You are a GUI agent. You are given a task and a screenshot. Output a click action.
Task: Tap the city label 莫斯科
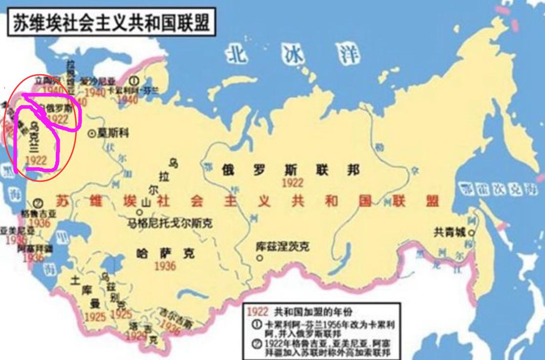(x=113, y=132)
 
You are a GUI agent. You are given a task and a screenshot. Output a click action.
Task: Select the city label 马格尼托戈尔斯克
(x=169, y=224)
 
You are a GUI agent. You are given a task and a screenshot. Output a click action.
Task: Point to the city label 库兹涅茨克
(x=282, y=247)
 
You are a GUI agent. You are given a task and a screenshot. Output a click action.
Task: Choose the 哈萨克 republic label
(x=165, y=253)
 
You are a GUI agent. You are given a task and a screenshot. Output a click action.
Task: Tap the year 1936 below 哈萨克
(x=165, y=266)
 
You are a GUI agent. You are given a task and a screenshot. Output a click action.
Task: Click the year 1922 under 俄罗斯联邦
(x=292, y=183)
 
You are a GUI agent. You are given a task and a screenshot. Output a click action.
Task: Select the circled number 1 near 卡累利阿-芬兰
(x=134, y=81)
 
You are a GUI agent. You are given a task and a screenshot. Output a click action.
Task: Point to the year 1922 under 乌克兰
(x=36, y=160)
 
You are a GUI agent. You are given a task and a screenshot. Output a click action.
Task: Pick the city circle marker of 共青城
(x=472, y=233)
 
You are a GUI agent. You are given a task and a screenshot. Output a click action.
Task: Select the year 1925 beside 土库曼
(x=95, y=317)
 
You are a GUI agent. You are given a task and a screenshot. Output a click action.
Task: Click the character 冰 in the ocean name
(x=292, y=55)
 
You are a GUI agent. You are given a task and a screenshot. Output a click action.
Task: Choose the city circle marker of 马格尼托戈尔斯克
(x=139, y=212)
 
